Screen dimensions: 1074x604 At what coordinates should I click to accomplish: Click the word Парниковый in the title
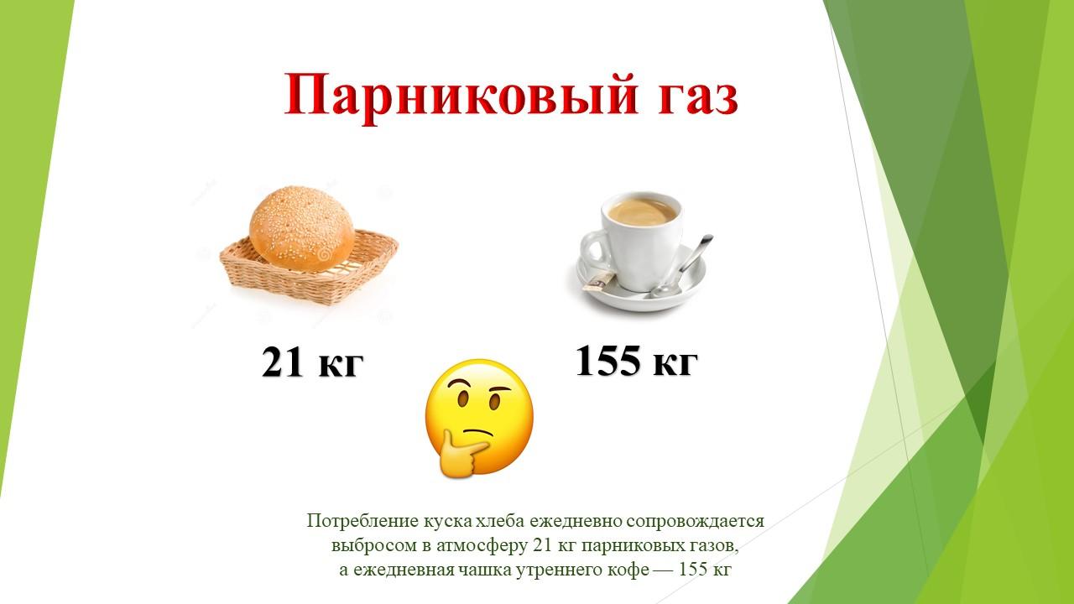click(461, 95)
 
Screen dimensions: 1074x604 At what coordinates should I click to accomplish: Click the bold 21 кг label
click(313, 362)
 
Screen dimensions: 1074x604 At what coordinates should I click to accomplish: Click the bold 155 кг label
click(636, 361)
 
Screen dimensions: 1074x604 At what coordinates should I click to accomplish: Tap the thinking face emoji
click(478, 418)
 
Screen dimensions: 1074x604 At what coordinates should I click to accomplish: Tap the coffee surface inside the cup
click(643, 211)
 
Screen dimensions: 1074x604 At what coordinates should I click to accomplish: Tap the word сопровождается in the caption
click(695, 522)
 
